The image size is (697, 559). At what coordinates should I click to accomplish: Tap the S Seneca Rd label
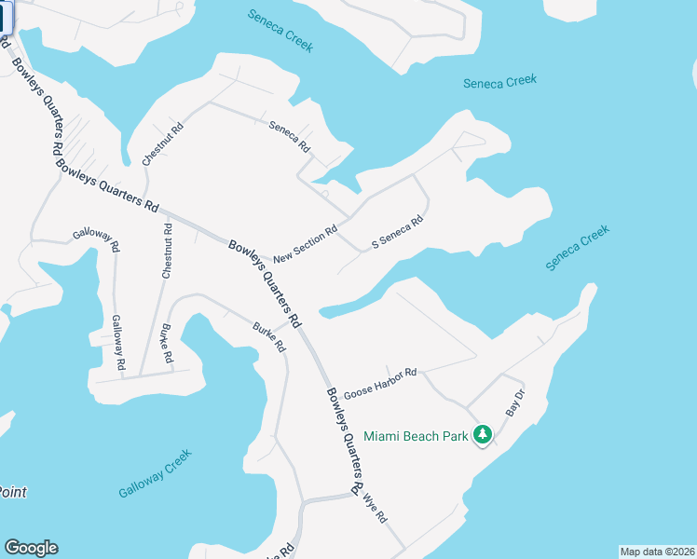[398, 232]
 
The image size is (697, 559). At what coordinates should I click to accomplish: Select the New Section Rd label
[305, 243]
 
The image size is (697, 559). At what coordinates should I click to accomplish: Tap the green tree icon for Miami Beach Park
[483, 435]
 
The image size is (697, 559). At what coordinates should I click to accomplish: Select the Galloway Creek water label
[155, 473]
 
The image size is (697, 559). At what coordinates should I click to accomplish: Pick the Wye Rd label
[375, 506]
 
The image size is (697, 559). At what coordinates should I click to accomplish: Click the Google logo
[31, 548]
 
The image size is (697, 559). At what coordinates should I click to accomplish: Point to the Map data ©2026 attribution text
[657, 552]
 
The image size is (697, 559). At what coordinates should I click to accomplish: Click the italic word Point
[12, 492]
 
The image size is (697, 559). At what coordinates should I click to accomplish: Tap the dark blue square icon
[5, 20]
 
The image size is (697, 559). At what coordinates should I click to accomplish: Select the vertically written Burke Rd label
[166, 343]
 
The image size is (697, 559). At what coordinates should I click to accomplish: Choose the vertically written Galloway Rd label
[117, 344]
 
